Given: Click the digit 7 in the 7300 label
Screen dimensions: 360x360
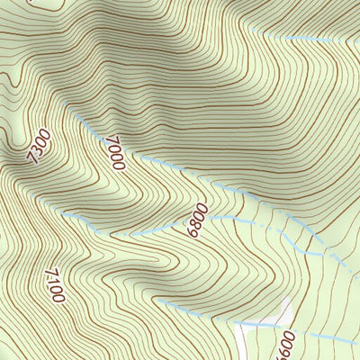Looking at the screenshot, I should click(33, 159).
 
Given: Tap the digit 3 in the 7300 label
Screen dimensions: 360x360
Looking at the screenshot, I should click(38, 151).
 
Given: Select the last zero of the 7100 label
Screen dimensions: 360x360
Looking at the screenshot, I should click(60, 297).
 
